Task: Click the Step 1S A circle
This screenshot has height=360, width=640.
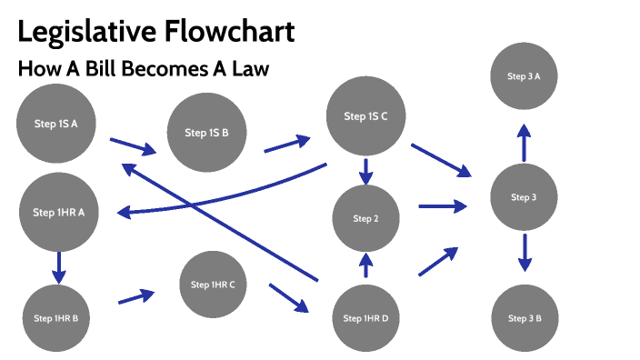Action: tap(56, 123)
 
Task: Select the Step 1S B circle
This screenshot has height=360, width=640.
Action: tap(206, 133)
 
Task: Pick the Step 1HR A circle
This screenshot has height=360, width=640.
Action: tap(58, 213)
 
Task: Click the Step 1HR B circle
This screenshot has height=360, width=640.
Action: tap(55, 318)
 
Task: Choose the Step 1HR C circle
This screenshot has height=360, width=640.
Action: tap(213, 285)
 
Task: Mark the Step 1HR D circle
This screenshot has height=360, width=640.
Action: tap(365, 318)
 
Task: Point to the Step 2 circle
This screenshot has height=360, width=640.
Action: tap(365, 219)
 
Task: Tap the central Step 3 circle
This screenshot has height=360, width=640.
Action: tap(524, 197)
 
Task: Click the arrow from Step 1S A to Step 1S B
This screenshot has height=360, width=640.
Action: tap(132, 145)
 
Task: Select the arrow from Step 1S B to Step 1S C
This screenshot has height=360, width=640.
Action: tap(286, 145)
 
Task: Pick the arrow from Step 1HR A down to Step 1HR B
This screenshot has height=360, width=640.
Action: tap(59, 266)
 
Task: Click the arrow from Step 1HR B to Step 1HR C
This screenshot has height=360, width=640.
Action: tap(135, 296)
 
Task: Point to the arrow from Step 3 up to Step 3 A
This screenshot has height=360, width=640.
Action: tap(524, 143)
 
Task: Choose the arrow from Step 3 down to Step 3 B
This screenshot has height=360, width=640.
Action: tap(524, 253)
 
